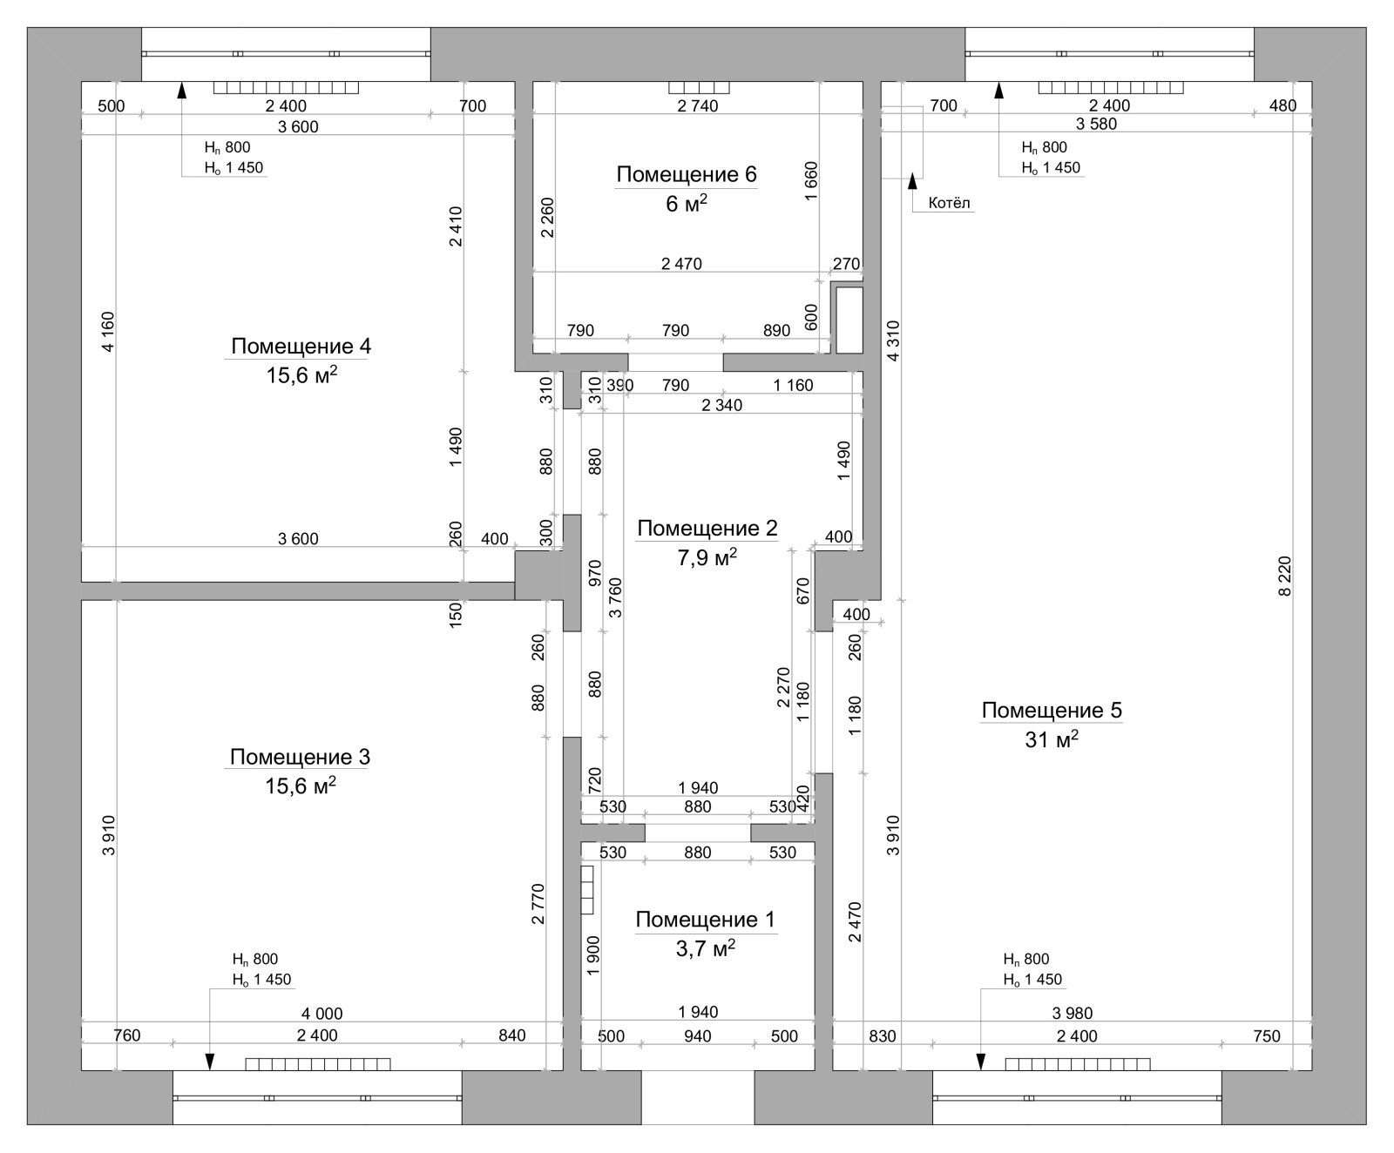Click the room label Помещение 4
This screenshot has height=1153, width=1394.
click(301, 346)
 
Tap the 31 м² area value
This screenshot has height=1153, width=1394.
click(1052, 739)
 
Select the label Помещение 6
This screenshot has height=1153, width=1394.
click(687, 174)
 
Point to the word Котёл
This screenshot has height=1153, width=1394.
click(950, 203)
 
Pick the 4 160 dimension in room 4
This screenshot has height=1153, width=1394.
click(108, 332)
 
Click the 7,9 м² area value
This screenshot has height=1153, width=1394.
click(707, 557)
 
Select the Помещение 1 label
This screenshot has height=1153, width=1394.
click(705, 920)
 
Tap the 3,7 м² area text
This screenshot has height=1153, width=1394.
click(706, 948)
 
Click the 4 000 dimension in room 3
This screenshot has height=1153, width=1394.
click(321, 1014)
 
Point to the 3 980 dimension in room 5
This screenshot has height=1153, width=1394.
click(1072, 1013)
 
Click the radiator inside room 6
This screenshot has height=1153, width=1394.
click(699, 87)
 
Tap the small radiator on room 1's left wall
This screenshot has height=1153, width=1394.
click(587, 889)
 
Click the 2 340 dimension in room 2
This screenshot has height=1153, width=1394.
click(721, 405)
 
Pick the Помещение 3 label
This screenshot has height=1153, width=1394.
click(300, 757)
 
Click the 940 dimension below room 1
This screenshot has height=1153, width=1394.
click(698, 1036)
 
